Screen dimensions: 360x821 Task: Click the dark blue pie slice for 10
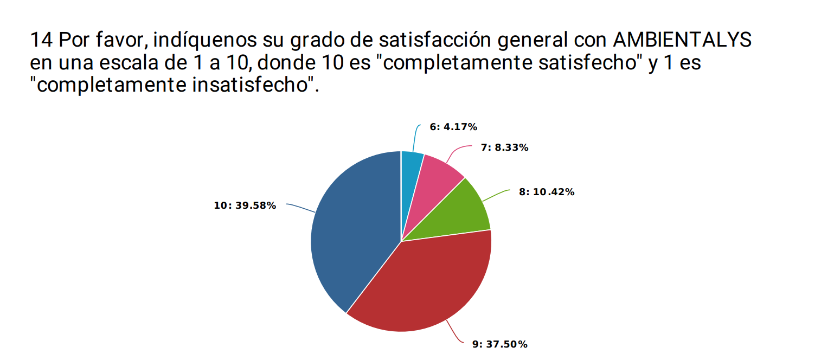[x=352, y=233]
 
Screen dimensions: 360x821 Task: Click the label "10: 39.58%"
[x=245, y=205]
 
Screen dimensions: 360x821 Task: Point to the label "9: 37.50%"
[x=499, y=344]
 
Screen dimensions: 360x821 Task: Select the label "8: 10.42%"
[x=546, y=192]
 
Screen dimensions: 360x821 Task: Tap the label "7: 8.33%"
[x=504, y=147]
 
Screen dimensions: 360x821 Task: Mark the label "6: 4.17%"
[x=453, y=127]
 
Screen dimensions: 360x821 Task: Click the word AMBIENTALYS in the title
[x=682, y=40]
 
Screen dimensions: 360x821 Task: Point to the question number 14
[x=41, y=40]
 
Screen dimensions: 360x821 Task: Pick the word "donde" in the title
[x=289, y=63]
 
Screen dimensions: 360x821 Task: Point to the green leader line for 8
[x=496, y=196]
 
